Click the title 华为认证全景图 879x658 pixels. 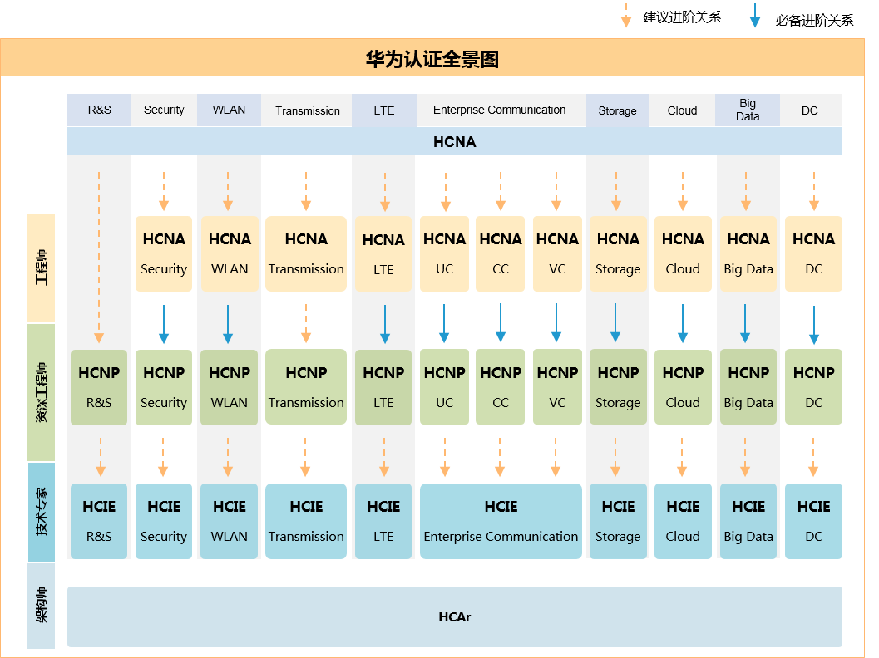(432, 59)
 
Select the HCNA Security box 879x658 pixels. (164, 253)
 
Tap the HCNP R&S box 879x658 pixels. (99, 387)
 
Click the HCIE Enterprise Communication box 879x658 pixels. (501, 522)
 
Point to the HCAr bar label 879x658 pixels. (455, 617)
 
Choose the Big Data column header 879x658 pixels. (748, 110)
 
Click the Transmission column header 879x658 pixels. (307, 110)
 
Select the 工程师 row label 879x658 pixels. (42, 268)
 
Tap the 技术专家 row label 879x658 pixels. (42, 512)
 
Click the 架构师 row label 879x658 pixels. (42, 606)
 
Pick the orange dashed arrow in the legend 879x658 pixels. (626, 15)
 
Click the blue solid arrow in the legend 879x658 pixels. (755, 15)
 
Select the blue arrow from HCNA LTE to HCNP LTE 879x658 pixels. (385, 324)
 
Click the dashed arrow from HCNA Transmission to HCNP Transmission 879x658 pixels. (306, 324)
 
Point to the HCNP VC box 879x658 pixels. (557, 387)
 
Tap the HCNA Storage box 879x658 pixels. (618, 253)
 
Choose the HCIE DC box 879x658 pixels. (813, 522)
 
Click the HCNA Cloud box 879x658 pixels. (683, 253)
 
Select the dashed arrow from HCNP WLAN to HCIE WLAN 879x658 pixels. (228, 457)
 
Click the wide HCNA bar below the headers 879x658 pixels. (455, 142)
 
